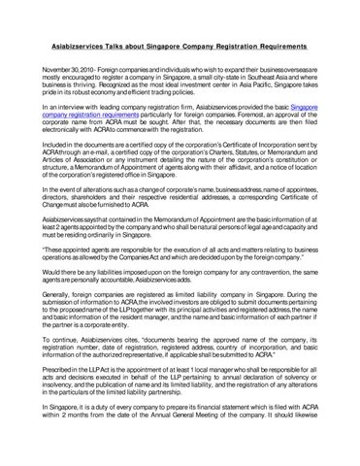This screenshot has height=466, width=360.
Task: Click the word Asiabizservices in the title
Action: click(x=80, y=45)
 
